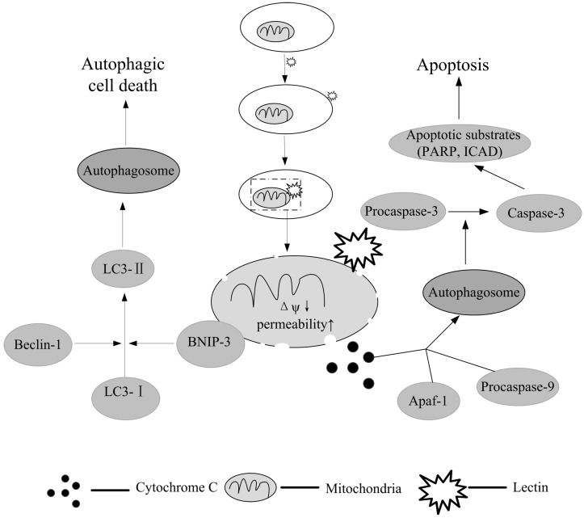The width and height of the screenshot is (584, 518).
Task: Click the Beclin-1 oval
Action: pos(38,344)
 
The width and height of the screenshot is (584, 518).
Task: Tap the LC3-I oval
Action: pos(125,398)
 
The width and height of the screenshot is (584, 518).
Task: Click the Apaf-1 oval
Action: pos(429,401)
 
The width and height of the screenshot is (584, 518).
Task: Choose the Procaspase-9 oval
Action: pos(518,387)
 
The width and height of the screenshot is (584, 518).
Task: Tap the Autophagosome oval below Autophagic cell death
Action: pos(128,171)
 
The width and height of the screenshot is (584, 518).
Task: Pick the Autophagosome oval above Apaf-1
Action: pos(474,293)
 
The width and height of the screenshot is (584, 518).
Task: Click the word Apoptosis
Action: pos(452,65)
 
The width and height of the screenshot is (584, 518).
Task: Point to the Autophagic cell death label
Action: pos(123,75)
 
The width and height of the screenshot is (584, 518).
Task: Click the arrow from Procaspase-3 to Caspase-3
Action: pos(468,212)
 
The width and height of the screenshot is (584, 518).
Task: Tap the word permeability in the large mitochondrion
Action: pos(292,325)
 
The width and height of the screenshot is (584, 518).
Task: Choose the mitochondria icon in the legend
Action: pos(253,487)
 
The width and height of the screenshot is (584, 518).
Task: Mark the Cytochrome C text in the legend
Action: pos(176,487)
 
